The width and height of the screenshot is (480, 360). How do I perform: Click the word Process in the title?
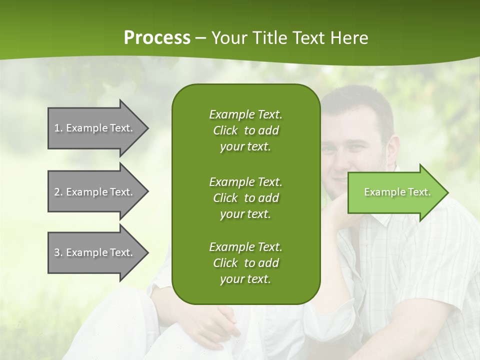click(x=157, y=37)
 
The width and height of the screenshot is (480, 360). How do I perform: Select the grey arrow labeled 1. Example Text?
click(x=95, y=128)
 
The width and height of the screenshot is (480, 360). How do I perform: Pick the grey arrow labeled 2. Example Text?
click(x=95, y=192)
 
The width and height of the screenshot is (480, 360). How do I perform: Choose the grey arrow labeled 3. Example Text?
click(x=95, y=252)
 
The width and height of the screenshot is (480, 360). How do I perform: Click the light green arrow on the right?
click(x=395, y=192)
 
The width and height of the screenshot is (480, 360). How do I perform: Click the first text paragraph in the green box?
click(x=245, y=130)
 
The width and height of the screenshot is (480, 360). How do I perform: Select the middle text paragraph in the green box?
click(x=245, y=198)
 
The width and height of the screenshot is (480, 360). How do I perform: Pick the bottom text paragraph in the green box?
click(x=245, y=263)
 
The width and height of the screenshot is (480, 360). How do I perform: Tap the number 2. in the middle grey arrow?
click(x=58, y=192)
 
